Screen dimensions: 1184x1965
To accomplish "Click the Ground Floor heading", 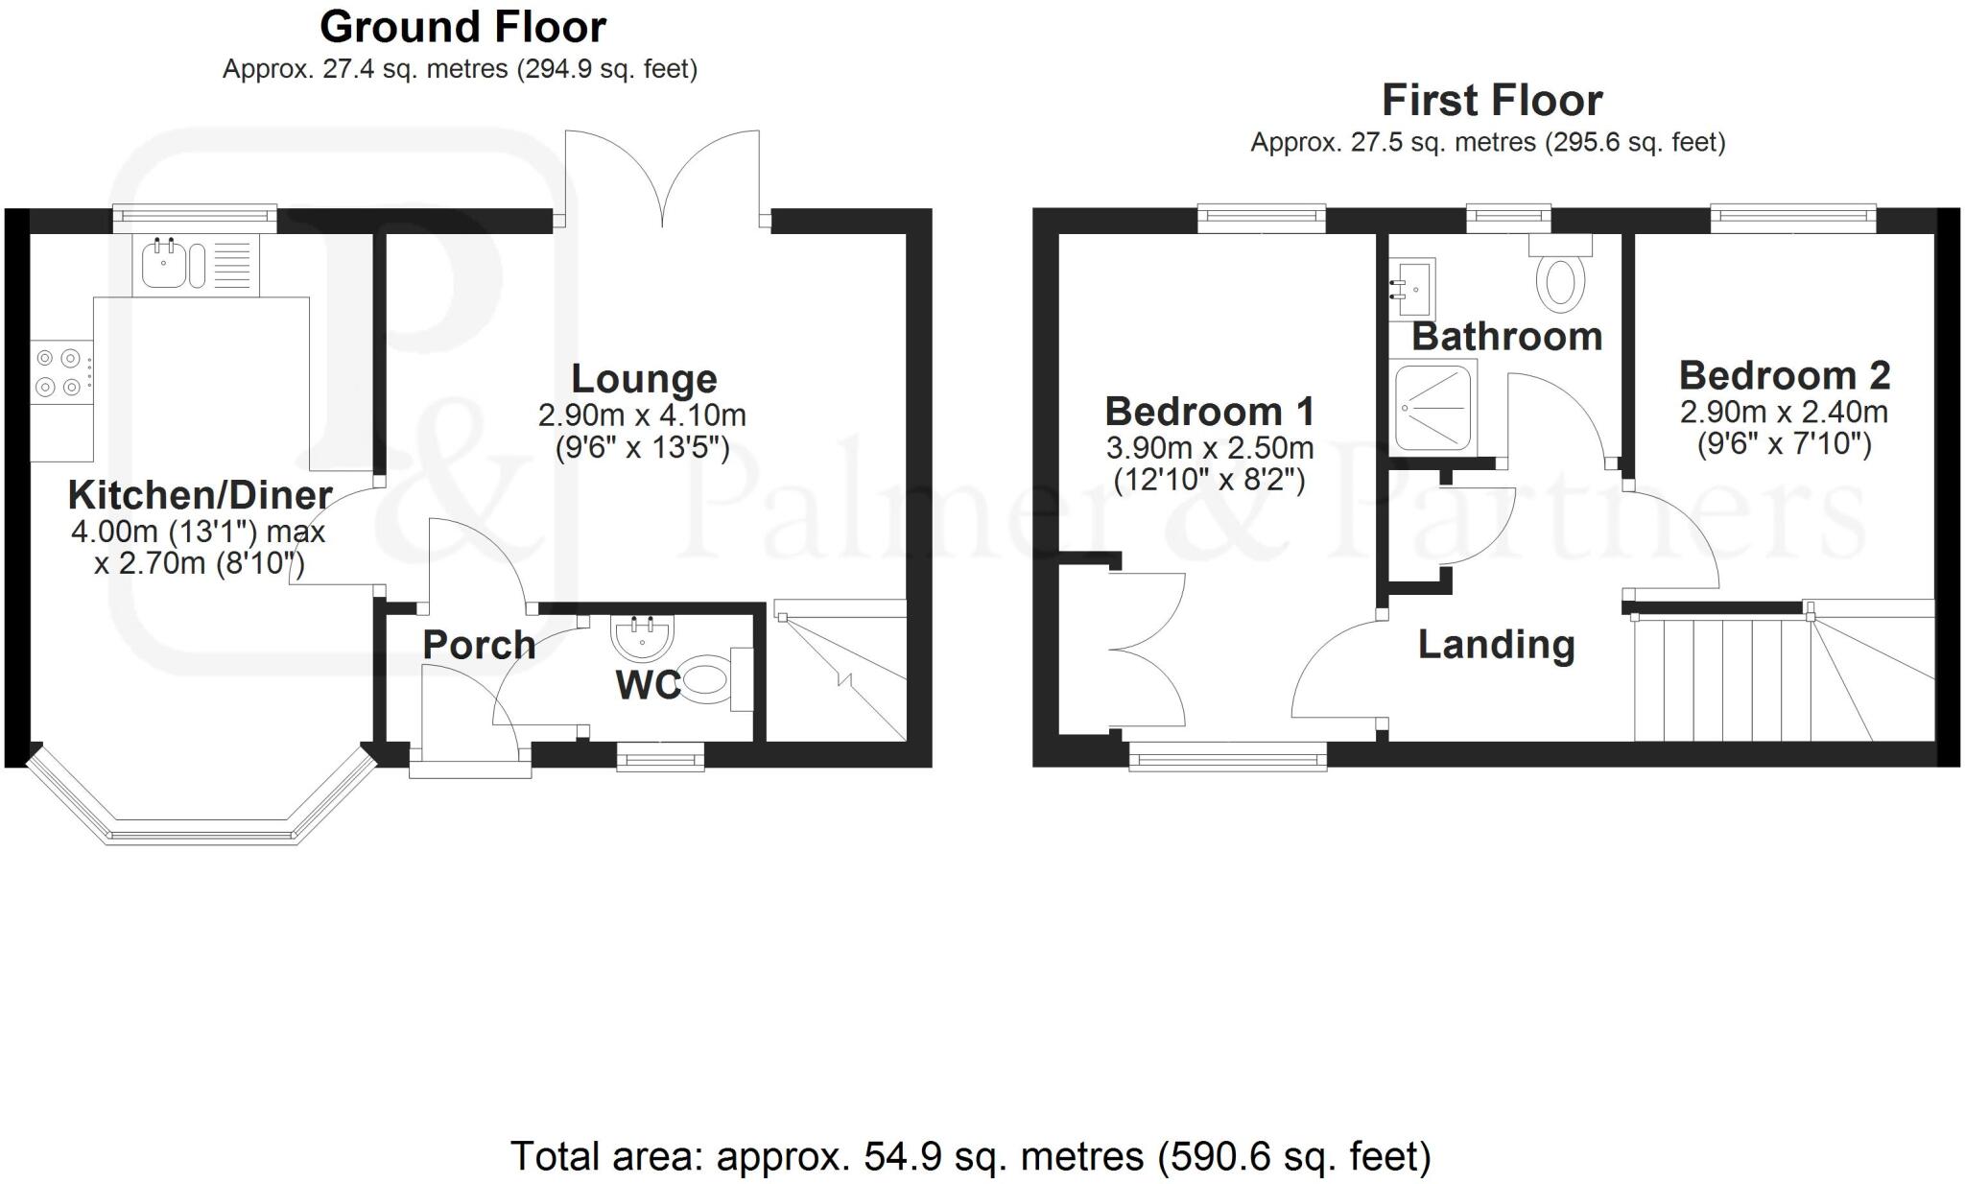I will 462,27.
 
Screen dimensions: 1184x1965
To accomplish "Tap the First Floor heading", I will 1491,101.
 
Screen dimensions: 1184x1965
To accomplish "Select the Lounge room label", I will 644,379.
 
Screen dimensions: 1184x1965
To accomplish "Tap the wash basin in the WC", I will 642,634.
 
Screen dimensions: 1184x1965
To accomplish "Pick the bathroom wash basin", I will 1413,286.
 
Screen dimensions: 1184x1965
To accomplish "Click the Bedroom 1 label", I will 1209,412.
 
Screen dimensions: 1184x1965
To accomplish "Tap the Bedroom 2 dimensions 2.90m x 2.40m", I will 1784,413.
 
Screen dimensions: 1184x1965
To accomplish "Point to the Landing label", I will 1496,645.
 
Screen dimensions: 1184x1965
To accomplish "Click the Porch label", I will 479,646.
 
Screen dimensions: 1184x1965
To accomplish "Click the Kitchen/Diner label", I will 200,495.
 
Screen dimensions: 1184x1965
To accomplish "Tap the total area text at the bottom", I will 970,1156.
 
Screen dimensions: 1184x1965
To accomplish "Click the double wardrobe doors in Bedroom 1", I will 1147,650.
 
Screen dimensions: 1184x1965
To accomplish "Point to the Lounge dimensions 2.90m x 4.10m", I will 642,415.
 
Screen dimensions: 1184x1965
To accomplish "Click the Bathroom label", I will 1506,337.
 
